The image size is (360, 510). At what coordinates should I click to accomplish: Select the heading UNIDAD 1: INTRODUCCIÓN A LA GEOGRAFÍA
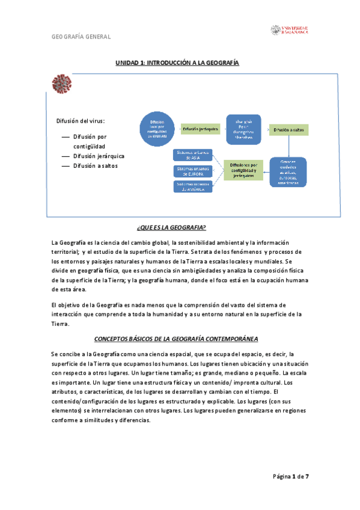tap(178, 62)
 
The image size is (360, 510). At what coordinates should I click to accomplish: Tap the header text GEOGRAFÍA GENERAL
tap(81, 37)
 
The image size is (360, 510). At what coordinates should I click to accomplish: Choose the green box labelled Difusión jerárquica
tap(200, 129)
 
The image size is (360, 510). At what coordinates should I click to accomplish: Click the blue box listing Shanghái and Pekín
tap(243, 129)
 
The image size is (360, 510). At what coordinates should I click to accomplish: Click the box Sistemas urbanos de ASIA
tap(192, 155)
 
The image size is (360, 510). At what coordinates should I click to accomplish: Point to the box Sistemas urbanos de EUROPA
tap(192, 171)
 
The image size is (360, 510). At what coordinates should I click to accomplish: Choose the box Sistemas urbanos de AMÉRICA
tap(192, 186)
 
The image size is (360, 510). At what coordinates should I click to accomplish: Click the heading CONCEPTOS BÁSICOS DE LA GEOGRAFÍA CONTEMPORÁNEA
tap(181, 339)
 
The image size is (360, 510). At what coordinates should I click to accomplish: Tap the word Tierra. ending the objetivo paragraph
tap(61, 324)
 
